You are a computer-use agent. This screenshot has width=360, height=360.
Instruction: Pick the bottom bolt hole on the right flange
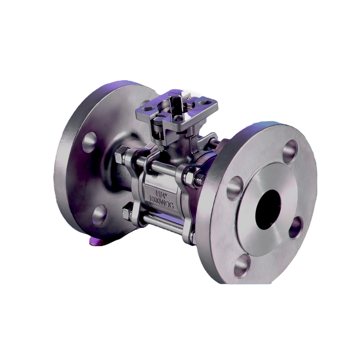click(241, 267)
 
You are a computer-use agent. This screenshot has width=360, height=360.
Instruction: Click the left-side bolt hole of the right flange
click(234, 187)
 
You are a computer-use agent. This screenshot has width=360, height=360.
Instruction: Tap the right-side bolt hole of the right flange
click(296, 227)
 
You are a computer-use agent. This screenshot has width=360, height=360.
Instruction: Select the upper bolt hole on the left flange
click(90, 140)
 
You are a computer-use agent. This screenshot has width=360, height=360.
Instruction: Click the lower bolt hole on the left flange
click(99, 215)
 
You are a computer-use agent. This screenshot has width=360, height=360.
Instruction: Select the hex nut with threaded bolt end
click(196, 179)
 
